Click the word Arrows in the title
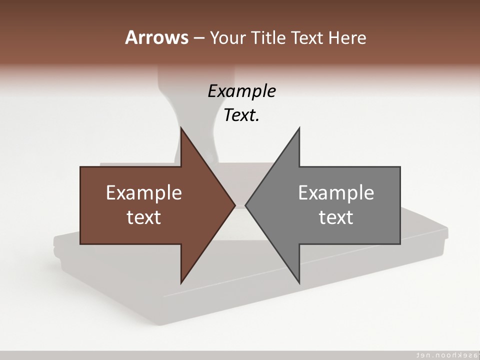tap(156, 37)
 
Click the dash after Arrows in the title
tap(198, 38)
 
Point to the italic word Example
tap(241, 91)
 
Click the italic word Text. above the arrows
tap(241, 115)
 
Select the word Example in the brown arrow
tap(144, 192)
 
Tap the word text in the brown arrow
tap(144, 217)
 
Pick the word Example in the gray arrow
tap(336, 192)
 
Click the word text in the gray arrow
tap(336, 217)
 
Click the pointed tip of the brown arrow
tap(233, 205)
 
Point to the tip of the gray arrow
tap(246, 205)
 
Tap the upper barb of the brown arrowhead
tap(182, 131)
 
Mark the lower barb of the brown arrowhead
tap(182, 280)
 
